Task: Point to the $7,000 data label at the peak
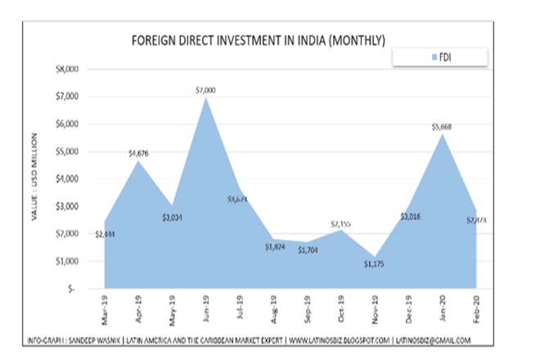(x=205, y=90)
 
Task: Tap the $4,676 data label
(x=139, y=153)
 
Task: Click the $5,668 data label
(x=443, y=127)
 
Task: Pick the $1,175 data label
(x=374, y=264)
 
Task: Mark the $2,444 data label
(x=105, y=234)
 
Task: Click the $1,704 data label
(x=308, y=250)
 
